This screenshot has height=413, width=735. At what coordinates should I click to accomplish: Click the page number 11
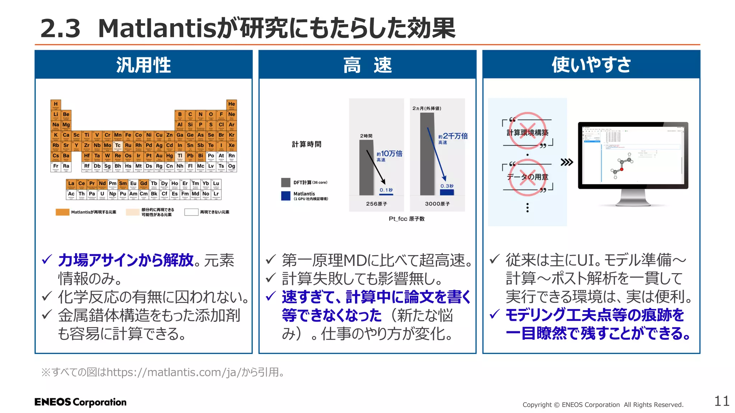point(722,401)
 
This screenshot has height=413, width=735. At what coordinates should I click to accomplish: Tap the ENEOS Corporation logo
point(80,402)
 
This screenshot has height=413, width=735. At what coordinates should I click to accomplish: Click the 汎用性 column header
point(144,65)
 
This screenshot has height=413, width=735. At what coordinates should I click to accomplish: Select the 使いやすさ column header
point(591,65)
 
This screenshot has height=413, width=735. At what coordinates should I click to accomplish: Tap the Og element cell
point(231,167)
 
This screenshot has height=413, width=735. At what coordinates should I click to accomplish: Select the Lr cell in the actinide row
point(216,194)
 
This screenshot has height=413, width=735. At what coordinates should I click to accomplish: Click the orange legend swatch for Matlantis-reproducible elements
point(62,212)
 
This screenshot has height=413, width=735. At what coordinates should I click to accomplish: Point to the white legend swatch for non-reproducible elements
point(191,212)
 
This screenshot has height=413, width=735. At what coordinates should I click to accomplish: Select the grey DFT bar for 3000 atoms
point(427,154)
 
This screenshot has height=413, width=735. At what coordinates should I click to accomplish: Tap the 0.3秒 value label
point(447,186)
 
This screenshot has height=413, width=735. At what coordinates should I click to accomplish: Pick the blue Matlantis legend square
point(286,196)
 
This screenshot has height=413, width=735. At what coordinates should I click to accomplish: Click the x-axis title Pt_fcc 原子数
point(407,219)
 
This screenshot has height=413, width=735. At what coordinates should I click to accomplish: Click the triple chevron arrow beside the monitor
point(567,162)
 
